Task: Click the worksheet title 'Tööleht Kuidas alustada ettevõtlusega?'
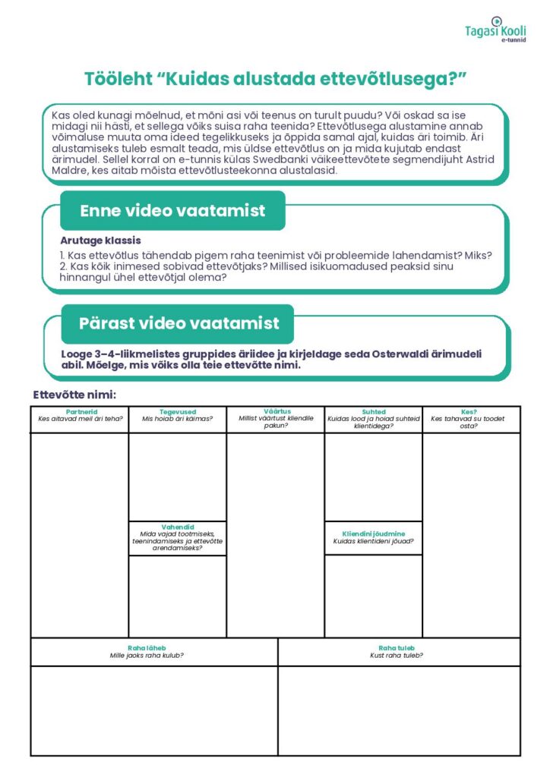point(274,79)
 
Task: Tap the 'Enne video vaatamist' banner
point(172,211)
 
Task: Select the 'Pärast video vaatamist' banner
point(179,323)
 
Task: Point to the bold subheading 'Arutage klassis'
point(100,241)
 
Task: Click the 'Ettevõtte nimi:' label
point(74,394)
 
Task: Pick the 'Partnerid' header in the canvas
point(81,412)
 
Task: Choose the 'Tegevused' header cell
point(178,412)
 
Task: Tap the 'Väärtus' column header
point(277,411)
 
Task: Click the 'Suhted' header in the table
point(374,412)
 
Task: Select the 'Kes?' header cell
point(469,412)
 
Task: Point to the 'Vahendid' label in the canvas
point(177,526)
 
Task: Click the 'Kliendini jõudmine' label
point(373,533)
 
